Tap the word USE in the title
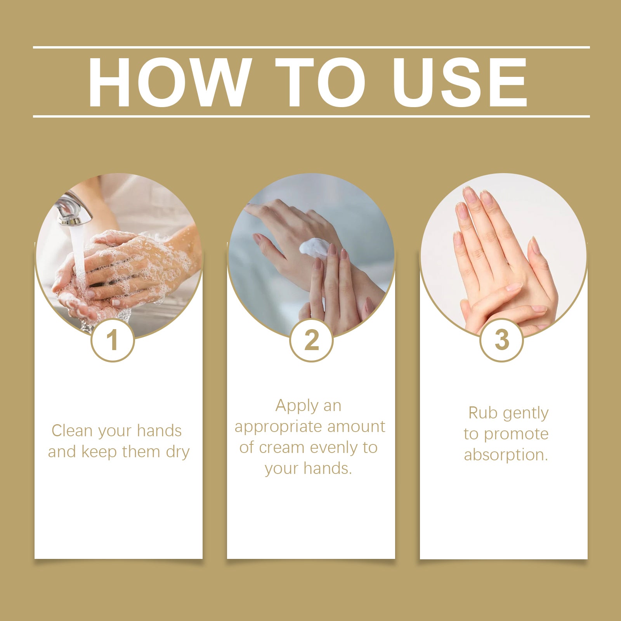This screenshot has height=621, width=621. (460, 82)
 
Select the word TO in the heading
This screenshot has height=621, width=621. (321, 82)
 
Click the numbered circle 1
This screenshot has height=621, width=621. (113, 340)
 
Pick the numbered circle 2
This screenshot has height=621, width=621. (311, 340)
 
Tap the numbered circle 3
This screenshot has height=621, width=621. (501, 340)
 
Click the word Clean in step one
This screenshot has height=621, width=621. (72, 431)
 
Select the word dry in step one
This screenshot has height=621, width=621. (178, 453)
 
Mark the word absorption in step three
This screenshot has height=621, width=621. (506, 455)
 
